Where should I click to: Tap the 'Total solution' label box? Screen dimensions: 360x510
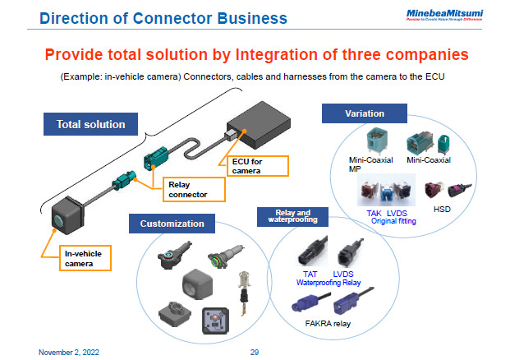coord(90,124)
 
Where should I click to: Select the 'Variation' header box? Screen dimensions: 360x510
coord(364,113)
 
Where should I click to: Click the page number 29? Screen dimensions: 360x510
coord(255,352)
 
